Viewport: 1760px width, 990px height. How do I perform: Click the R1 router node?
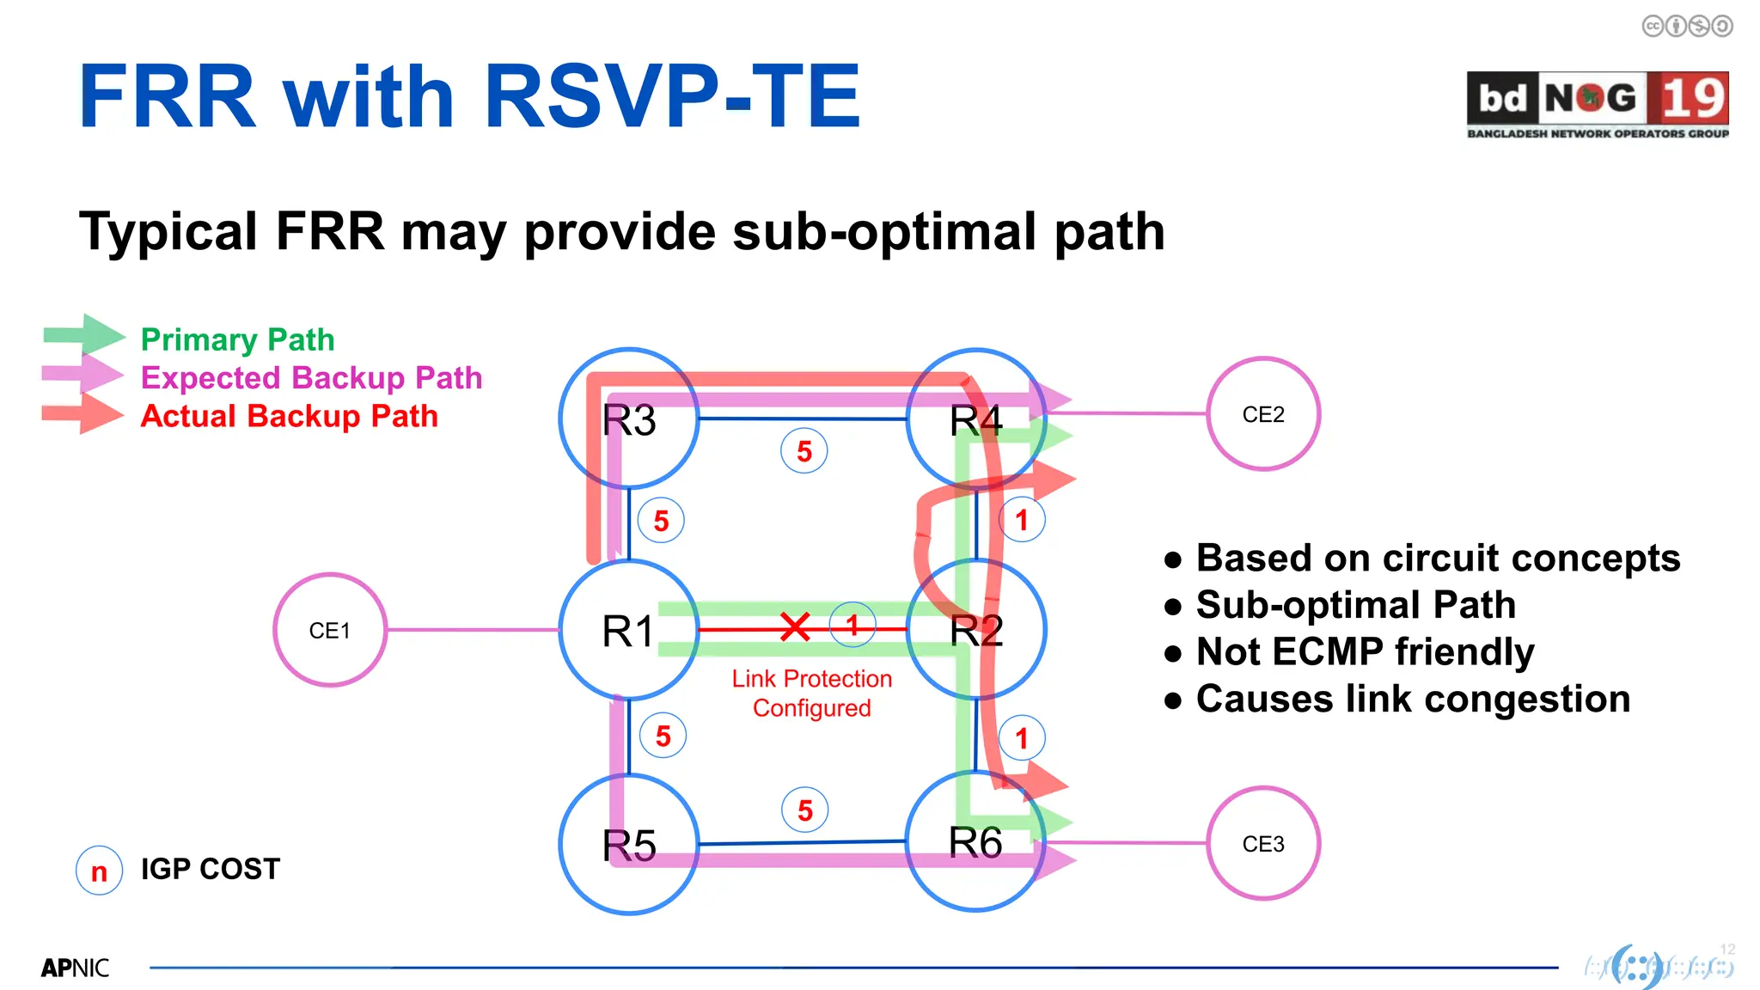click(x=629, y=630)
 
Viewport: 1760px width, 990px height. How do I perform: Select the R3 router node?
click(x=629, y=419)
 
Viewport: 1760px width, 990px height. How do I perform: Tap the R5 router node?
click(x=629, y=844)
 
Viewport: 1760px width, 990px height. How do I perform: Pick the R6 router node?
click(x=975, y=841)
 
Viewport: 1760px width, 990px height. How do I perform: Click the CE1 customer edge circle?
click(x=330, y=630)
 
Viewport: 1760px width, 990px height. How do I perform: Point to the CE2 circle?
click(x=1262, y=414)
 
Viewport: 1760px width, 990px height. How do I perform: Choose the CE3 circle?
click(x=1262, y=844)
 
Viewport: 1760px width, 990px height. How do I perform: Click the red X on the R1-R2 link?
click(x=795, y=627)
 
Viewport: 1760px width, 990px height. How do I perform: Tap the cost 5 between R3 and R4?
click(x=804, y=451)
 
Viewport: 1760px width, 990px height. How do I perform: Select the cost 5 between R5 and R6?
click(x=805, y=810)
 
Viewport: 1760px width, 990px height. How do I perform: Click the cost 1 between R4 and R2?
click(x=1022, y=520)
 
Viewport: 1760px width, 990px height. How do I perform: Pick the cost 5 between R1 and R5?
click(x=663, y=736)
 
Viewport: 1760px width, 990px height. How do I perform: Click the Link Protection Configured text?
click(x=811, y=693)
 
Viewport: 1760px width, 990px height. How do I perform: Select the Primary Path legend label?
click(x=237, y=339)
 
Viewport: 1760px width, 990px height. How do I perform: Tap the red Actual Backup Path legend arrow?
click(x=82, y=414)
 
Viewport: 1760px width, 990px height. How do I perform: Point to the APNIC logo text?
click(x=75, y=968)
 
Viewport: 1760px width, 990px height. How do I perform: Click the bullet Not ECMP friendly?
click(x=1364, y=651)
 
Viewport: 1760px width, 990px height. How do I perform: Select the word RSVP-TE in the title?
click(x=671, y=96)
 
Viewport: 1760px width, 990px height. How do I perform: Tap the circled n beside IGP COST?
click(x=99, y=871)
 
